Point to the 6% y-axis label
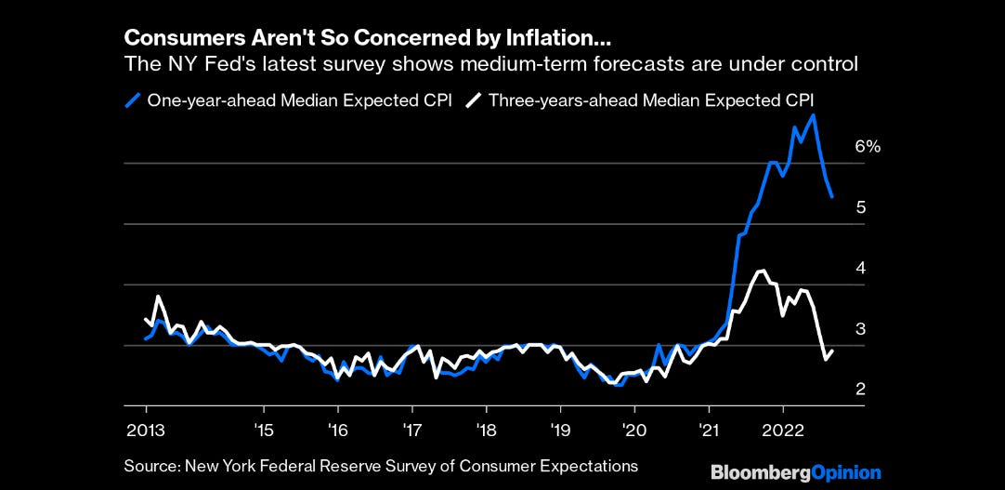[867, 146]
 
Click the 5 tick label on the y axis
[861, 207]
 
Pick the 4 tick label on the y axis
[861, 268]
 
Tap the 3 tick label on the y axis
[861, 328]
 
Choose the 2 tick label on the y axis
[861, 389]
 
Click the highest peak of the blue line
[814, 115]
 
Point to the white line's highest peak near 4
[762, 271]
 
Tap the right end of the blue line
[832, 196]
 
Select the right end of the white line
[832, 351]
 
